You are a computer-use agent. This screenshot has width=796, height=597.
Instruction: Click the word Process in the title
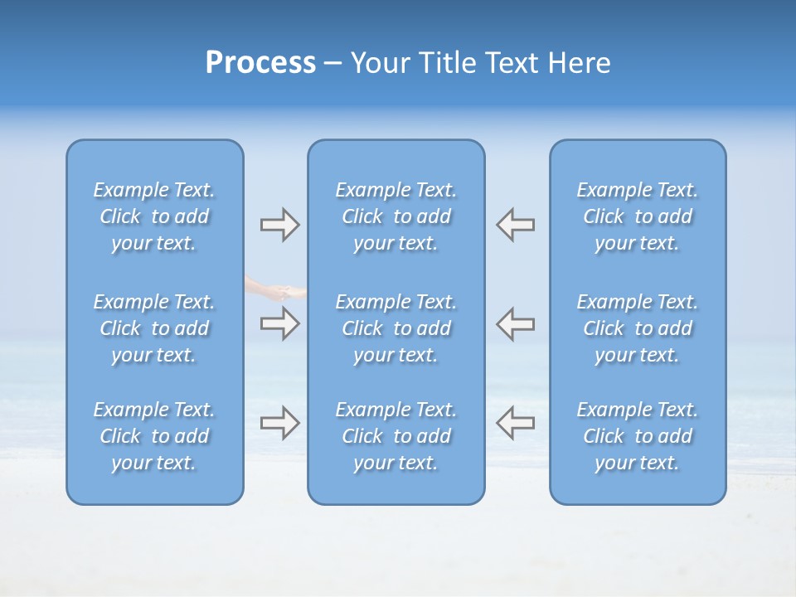(x=260, y=63)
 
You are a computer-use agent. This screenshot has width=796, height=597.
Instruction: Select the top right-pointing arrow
(x=279, y=225)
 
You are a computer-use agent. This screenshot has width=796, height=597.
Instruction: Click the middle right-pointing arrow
(x=279, y=323)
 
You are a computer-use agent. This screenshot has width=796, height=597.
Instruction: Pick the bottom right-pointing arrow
(x=279, y=422)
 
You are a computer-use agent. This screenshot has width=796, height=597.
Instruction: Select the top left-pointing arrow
(x=515, y=225)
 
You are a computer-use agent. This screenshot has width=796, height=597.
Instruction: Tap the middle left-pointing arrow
(x=515, y=323)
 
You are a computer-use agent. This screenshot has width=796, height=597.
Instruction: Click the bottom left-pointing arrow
(x=515, y=422)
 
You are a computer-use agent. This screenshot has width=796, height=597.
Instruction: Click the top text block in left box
(x=154, y=216)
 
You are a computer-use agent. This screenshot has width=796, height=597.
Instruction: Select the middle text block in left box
(x=154, y=328)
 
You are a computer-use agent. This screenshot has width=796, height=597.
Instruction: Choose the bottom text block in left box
(x=154, y=436)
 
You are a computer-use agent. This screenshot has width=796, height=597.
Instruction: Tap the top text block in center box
(x=396, y=216)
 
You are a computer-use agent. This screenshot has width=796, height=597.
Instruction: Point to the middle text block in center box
(x=396, y=328)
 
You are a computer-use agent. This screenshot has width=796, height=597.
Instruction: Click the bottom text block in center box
(x=396, y=436)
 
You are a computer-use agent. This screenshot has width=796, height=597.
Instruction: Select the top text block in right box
(x=637, y=216)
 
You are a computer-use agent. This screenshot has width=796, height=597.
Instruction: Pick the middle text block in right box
(x=637, y=328)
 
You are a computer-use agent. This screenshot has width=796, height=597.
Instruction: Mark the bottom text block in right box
(x=637, y=436)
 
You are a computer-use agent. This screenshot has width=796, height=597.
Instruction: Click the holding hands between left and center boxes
(x=278, y=290)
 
